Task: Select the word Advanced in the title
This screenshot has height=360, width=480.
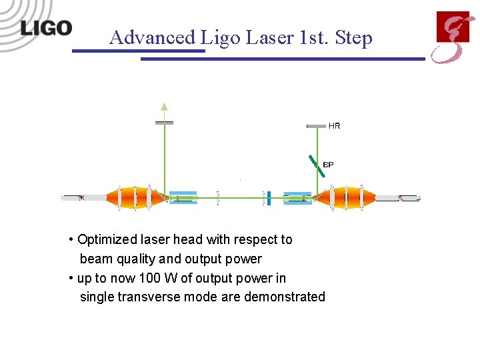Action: [x=152, y=37]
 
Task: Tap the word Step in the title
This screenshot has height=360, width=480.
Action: [x=355, y=38]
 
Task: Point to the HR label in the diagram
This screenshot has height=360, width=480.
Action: [x=334, y=125]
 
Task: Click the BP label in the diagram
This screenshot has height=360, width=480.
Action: [x=328, y=164]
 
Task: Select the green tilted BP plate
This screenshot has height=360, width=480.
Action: [x=317, y=165]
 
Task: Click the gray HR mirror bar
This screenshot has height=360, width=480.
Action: [x=316, y=125]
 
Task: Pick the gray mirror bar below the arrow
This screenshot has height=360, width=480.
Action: [x=164, y=123]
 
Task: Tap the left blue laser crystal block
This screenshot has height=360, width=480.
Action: [x=183, y=197]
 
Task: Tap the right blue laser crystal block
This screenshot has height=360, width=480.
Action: [x=297, y=197]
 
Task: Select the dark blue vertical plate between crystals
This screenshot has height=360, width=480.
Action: [x=269, y=197]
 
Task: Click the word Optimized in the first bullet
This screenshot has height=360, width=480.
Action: [x=107, y=239]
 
